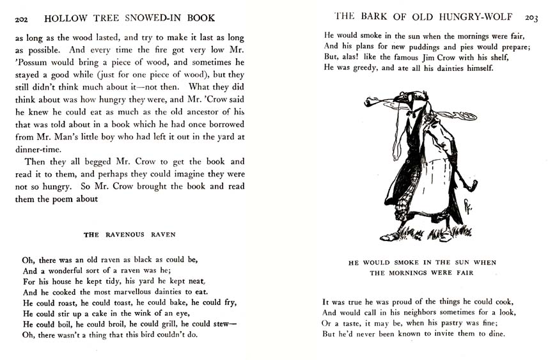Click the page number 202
click(21, 18)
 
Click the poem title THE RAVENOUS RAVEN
click(130, 235)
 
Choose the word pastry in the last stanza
click(460, 324)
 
